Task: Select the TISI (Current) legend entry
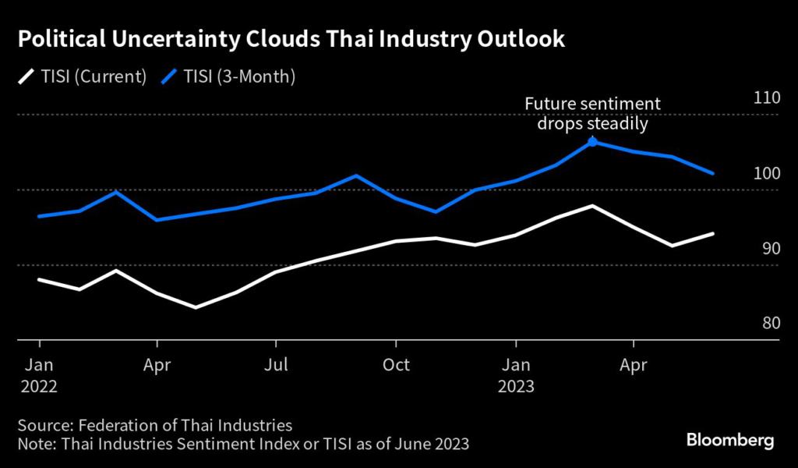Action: pyautogui.click(x=82, y=76)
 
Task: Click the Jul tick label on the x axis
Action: pyautogui.click(x=277, y=364)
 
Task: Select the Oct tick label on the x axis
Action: pyautogui.click(x=396, y=364)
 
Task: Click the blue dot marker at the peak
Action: pyautogui.click(x=592, y=142)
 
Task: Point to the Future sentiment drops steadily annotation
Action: pyautogui.click(x=592, y=113)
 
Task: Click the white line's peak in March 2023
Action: pyautogui.click(x=593, y=206)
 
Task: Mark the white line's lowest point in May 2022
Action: pyautogui.click(x=196, y=307)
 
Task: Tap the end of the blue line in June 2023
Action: pyautogui.click(x=714, y=173)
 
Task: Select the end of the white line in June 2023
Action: pyautogui.click(x=714, y=233)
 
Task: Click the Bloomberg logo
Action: pyautogui.click(x=730, y=441)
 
